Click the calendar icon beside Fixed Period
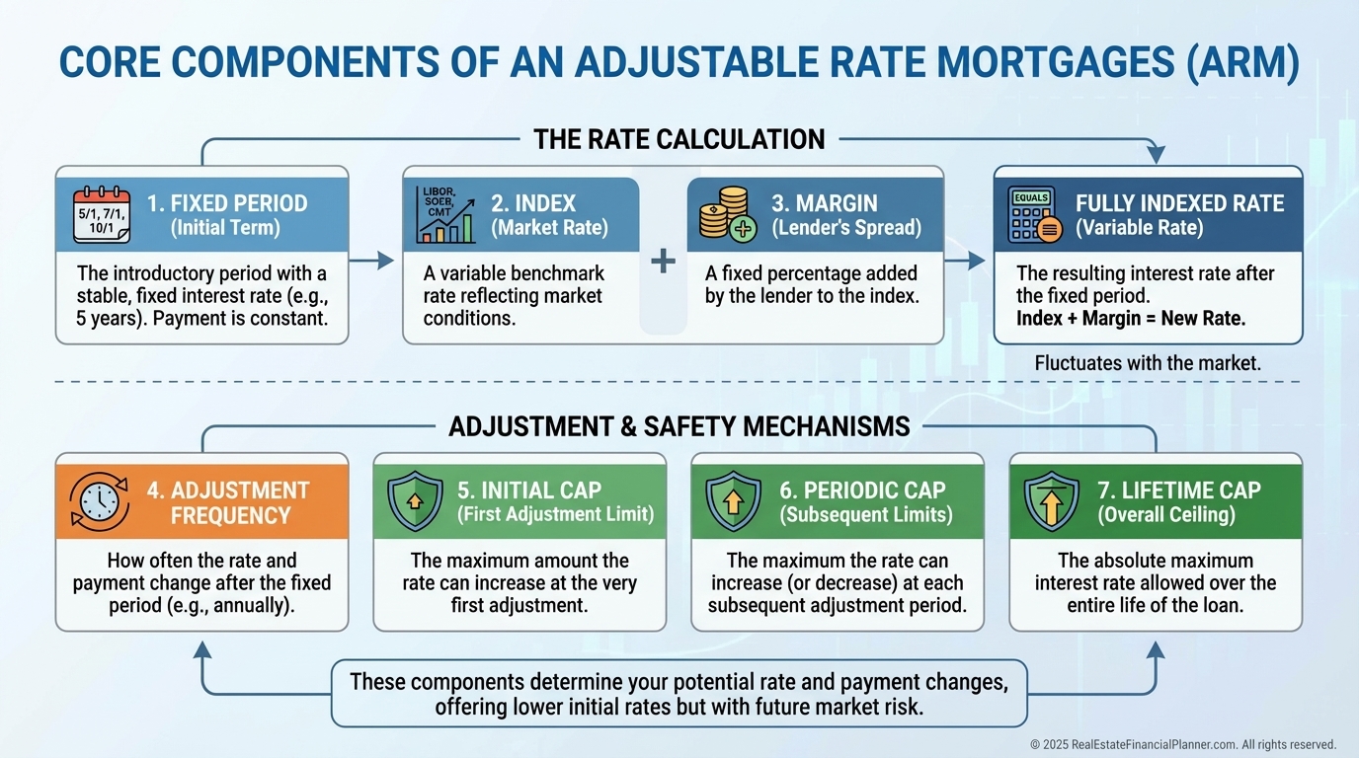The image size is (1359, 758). [x=102, y=215]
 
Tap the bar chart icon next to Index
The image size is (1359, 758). [x=447, y=215]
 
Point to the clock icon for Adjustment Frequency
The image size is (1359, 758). [x=99, y=503]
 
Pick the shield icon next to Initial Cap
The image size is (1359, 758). [x=414, y=501]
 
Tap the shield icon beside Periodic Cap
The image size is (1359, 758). [x=733, y=501]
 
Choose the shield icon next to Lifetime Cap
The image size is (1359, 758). [x=1051, y=501]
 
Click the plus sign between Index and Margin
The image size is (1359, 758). [x=664, y=262]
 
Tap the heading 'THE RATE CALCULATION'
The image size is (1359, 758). [x=679, y=140]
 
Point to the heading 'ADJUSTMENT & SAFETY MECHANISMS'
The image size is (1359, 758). [x=679, y=426]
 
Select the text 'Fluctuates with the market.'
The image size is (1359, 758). [x=1148, y=363]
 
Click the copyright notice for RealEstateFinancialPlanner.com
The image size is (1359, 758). [x=1182, y=745]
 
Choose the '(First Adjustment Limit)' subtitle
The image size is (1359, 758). [x=555, y=514]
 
